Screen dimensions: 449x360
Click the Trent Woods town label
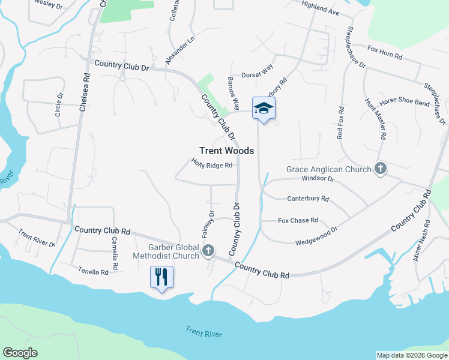[x=226, y=151]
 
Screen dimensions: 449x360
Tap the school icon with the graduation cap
[x=263, y=108]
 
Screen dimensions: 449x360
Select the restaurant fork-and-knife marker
[x=161, y=277]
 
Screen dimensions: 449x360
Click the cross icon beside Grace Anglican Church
[x=380, y=169]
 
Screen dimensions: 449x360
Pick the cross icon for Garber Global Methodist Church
[x=208, y=250]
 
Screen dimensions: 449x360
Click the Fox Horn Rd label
[x=385, y=52]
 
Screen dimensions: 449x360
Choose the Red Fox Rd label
[x=340, y=123]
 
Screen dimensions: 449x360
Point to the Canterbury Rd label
[x=308, y=198]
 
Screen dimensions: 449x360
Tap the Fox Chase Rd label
[x=298, y=220]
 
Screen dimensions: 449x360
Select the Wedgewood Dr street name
[x=316, y=236]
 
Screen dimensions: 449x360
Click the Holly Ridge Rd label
[x=211, y=164]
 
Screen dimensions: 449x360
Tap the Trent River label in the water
[x=203, y=333]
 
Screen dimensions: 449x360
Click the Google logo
[x=20, y=353]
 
